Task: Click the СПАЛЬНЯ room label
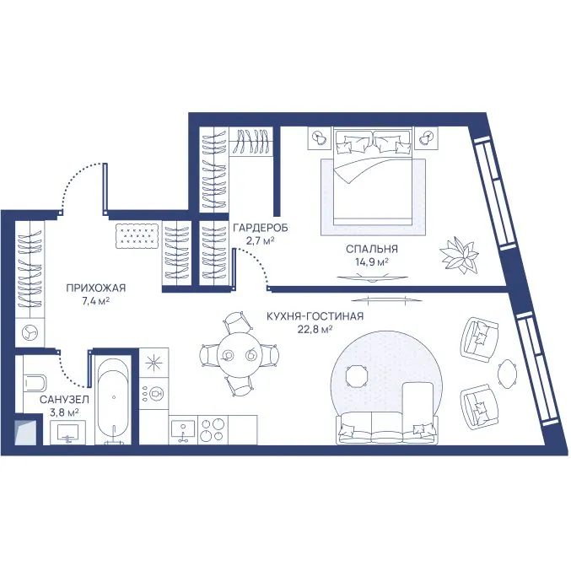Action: point(371,249)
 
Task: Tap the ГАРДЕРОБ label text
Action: point(261,228)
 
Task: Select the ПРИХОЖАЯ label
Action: point(96,288)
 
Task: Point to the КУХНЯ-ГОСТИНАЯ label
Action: point(315,316)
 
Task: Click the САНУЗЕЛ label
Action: point(64,400)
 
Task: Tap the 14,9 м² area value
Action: point(371,261)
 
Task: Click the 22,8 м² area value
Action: point(315,329)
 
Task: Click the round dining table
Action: point(240,354)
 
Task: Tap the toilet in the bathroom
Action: point(35,382)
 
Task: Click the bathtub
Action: point(114,400)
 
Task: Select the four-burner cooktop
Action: point(213,430)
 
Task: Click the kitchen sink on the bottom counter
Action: point(183,430)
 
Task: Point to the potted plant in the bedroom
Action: point(459,255)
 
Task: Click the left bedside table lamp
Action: point(320,137)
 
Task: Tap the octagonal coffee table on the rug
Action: point(357,377)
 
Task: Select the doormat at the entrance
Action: point(137,236)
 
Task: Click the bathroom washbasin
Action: point(67,432)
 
